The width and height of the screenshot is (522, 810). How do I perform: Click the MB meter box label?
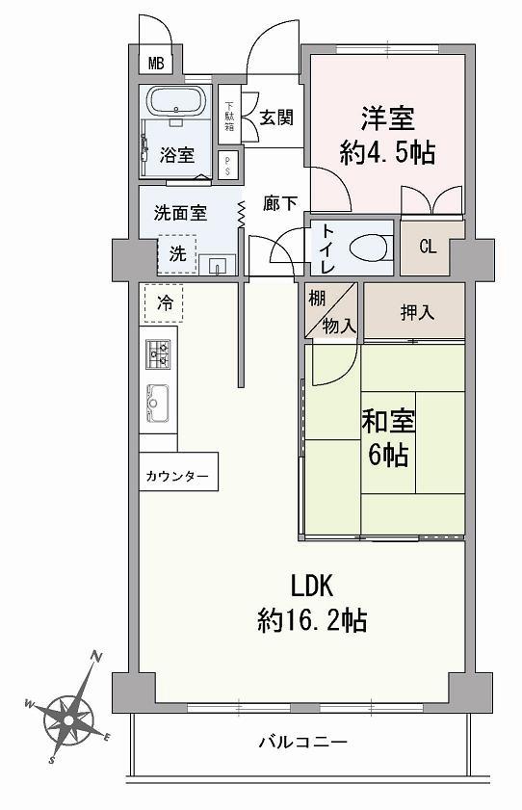155,65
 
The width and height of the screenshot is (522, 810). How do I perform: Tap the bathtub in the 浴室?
174,101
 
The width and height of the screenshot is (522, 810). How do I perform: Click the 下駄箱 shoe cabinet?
229,116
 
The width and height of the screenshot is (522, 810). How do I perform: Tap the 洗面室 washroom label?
180,212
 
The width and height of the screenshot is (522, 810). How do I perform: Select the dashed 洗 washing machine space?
177,254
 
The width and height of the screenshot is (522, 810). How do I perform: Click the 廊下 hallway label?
279,204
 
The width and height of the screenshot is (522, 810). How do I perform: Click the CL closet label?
428,246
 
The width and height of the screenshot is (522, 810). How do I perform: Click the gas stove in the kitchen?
158,353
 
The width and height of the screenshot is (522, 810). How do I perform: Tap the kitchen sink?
158,404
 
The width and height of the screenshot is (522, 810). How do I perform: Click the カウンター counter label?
177,475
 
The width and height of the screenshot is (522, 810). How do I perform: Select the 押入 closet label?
414,312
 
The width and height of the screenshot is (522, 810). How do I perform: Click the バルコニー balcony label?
301,742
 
